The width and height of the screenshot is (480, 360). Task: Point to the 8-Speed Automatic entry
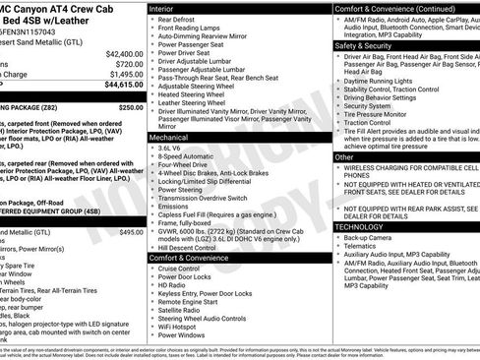tap(185, 155)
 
